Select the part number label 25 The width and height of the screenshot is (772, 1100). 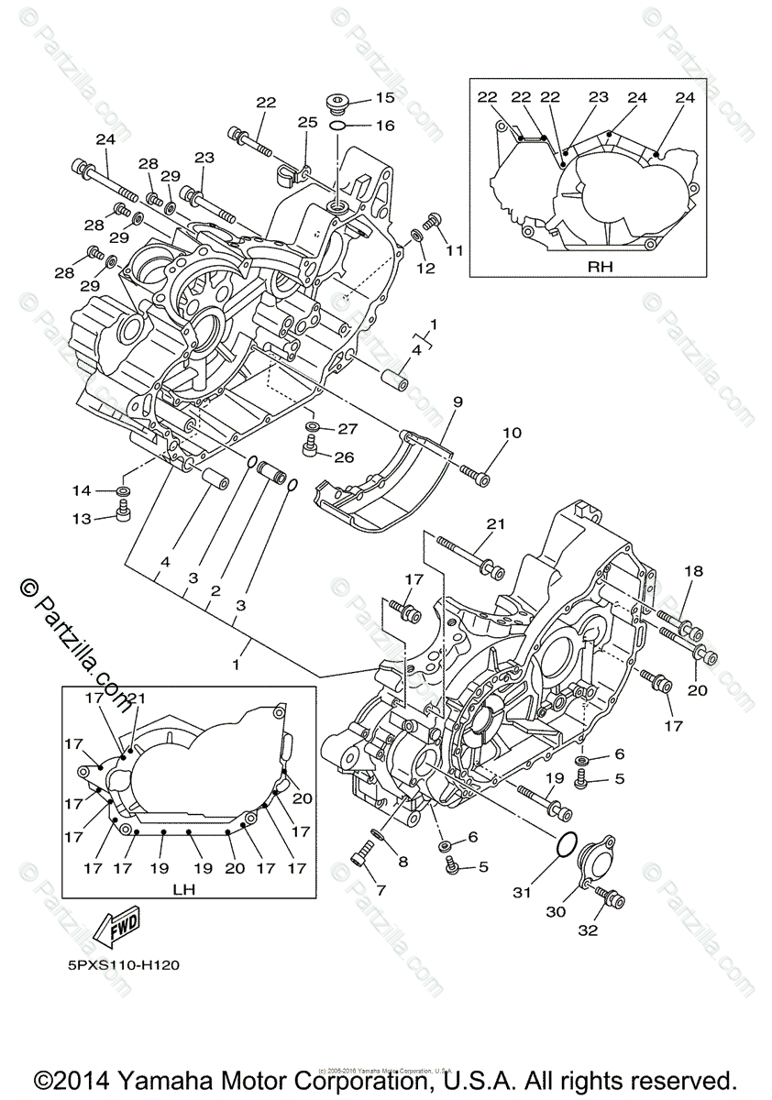306,122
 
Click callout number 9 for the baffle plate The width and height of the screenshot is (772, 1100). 457,401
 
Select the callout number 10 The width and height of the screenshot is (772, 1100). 511,432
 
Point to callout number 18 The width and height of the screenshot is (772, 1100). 693,571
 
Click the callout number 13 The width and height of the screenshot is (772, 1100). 82,519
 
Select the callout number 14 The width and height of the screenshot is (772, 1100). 82,490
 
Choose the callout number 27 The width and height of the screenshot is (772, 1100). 348,428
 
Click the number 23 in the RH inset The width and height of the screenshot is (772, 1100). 599,96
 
